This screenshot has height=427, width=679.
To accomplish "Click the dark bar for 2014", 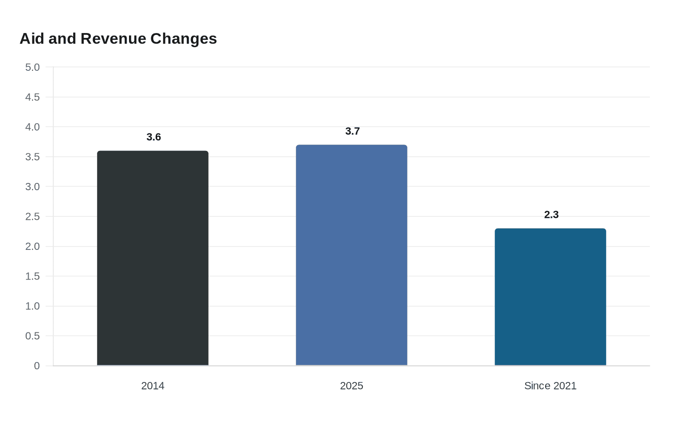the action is (x=153, y=258).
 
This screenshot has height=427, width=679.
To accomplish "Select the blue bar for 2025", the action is (x=352, y=255).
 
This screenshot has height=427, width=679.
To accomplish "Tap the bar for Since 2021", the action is (x=550, y=297).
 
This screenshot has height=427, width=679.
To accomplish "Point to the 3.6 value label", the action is (x=154, y=137).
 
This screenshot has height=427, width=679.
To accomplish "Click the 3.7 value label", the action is (x=353, y=131).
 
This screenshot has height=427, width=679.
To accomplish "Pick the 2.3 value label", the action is (x=551, y=214).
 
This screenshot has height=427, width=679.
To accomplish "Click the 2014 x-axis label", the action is (x=153, y=386).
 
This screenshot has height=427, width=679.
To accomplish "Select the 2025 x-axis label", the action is (x=352, y=386).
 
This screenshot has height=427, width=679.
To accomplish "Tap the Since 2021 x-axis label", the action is (x=550, y=386).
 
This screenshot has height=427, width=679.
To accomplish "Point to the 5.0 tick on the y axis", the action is (x=32, y=67).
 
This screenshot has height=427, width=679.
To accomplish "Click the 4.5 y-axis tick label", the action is (x=32, y=97).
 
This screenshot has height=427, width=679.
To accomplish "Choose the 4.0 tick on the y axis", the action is (x=32, y=127).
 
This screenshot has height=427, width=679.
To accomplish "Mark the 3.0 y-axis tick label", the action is (x=32, y=187).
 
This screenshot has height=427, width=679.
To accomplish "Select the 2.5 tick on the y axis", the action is (x=32, y=216).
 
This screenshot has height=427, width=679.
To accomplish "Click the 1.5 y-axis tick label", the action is (x=32, y=276).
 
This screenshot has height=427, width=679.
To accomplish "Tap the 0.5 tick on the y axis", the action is (x=32, y=336).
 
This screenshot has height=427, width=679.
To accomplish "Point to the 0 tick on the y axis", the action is (x=37, y=366).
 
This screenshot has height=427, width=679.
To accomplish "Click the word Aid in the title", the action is (x=32, y=38).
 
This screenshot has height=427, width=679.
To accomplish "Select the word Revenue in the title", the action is (x=113, y=38).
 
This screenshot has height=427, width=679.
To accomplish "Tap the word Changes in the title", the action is (x=184, y=39).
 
